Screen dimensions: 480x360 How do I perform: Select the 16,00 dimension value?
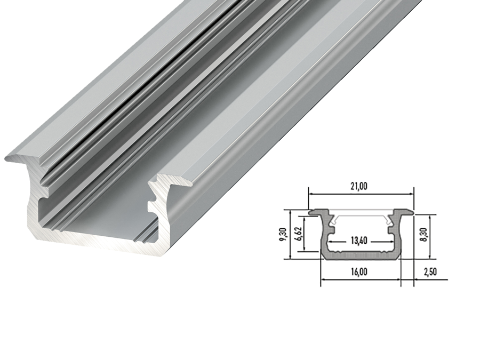point(359,271)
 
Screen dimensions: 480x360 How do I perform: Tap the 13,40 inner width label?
point(359,241)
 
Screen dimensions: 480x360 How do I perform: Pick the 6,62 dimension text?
point(300,234)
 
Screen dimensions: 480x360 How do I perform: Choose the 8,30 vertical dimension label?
point(425,236)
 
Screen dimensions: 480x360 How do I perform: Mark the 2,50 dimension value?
point(430,271)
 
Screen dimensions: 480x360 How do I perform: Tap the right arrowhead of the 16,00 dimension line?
point(398,279)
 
